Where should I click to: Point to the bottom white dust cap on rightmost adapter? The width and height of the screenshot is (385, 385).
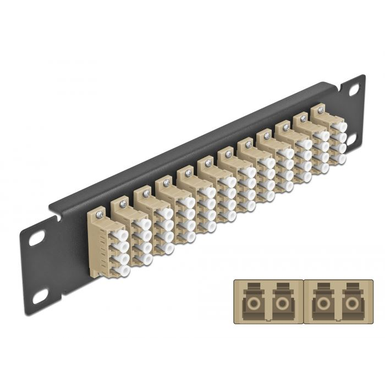point(340,158)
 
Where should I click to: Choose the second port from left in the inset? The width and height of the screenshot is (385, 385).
point(283,303)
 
